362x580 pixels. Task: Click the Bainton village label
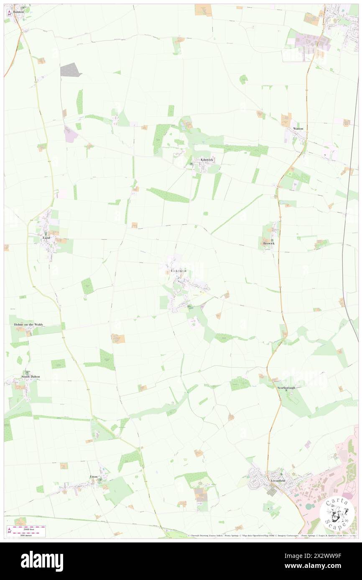click(18, 12)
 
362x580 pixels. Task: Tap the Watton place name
click(298, 129)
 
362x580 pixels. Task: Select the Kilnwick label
click(207, 160)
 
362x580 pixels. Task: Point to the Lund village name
click(46, 238)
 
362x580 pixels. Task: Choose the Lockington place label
click(178, 271)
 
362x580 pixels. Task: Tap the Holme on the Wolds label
click(28, 324)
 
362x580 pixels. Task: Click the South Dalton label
click(31, 377)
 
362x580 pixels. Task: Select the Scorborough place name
click(286, 388)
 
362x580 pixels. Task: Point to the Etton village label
click(93, 477)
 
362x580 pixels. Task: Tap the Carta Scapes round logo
click(337, 515)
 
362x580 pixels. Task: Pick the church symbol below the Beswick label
click(272, 240)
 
